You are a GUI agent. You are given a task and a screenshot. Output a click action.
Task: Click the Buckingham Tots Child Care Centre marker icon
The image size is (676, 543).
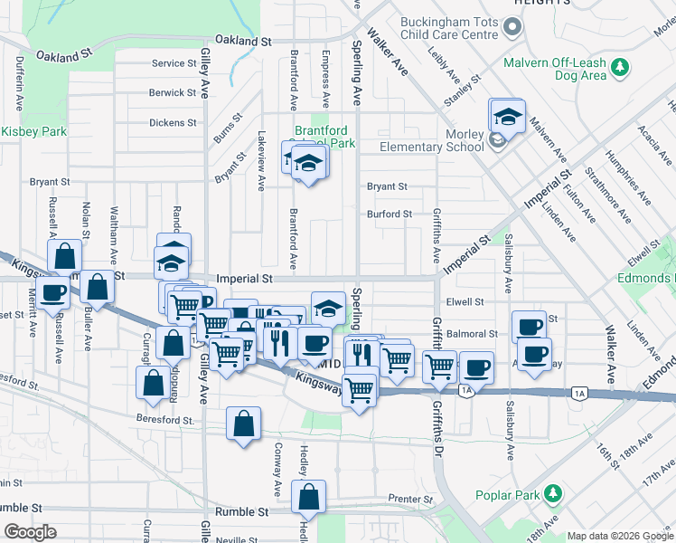click(x=512, y=27)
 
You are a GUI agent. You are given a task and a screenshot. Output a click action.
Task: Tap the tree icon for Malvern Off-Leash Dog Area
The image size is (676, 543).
click(x=620, y=67)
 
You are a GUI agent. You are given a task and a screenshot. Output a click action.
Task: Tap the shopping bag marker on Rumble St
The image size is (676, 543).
click(x=309, y=496)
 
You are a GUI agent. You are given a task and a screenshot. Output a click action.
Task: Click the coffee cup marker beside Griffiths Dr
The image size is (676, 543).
click(x=476, y=367)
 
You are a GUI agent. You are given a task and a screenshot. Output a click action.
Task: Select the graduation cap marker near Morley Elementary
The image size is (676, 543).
click(x=508, y=116)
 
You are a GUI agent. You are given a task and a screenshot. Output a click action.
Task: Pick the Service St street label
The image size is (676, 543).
click(x=174, y=63)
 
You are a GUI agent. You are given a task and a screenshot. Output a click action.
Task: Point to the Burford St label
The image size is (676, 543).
click(x=389, y=214)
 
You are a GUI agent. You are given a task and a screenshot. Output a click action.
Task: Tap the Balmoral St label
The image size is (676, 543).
click(x=465, y=334)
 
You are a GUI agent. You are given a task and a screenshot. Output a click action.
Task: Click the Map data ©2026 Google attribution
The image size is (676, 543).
click(x=619, y=536)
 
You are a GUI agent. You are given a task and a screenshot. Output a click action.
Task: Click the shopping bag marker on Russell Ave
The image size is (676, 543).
click(x=65, y=255)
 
